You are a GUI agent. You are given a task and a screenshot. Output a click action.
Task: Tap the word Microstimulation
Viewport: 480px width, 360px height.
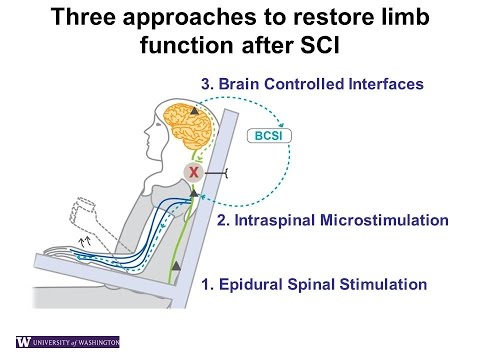[400, 218]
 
